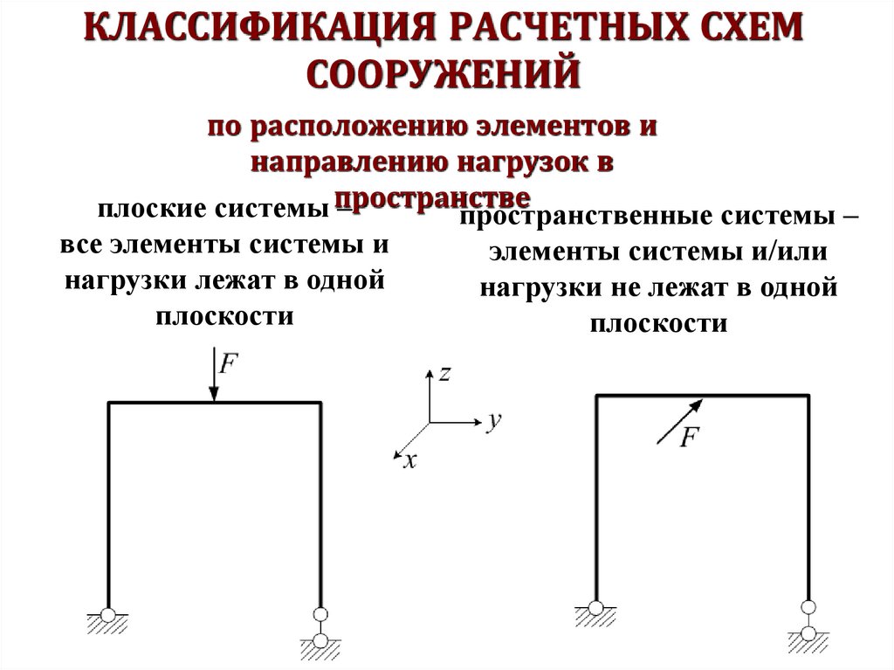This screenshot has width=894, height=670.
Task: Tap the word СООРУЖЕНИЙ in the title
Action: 446,73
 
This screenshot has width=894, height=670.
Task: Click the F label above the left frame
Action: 228,363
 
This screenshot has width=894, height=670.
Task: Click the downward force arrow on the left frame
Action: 214,376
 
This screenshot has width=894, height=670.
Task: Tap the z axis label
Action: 444,374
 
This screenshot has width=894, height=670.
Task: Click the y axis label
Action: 493,423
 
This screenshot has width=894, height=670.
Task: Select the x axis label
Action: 409,461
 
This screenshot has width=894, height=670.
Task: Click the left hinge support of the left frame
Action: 107,617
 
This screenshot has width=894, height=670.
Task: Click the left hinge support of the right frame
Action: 595,609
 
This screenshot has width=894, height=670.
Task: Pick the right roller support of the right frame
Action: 808,621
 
